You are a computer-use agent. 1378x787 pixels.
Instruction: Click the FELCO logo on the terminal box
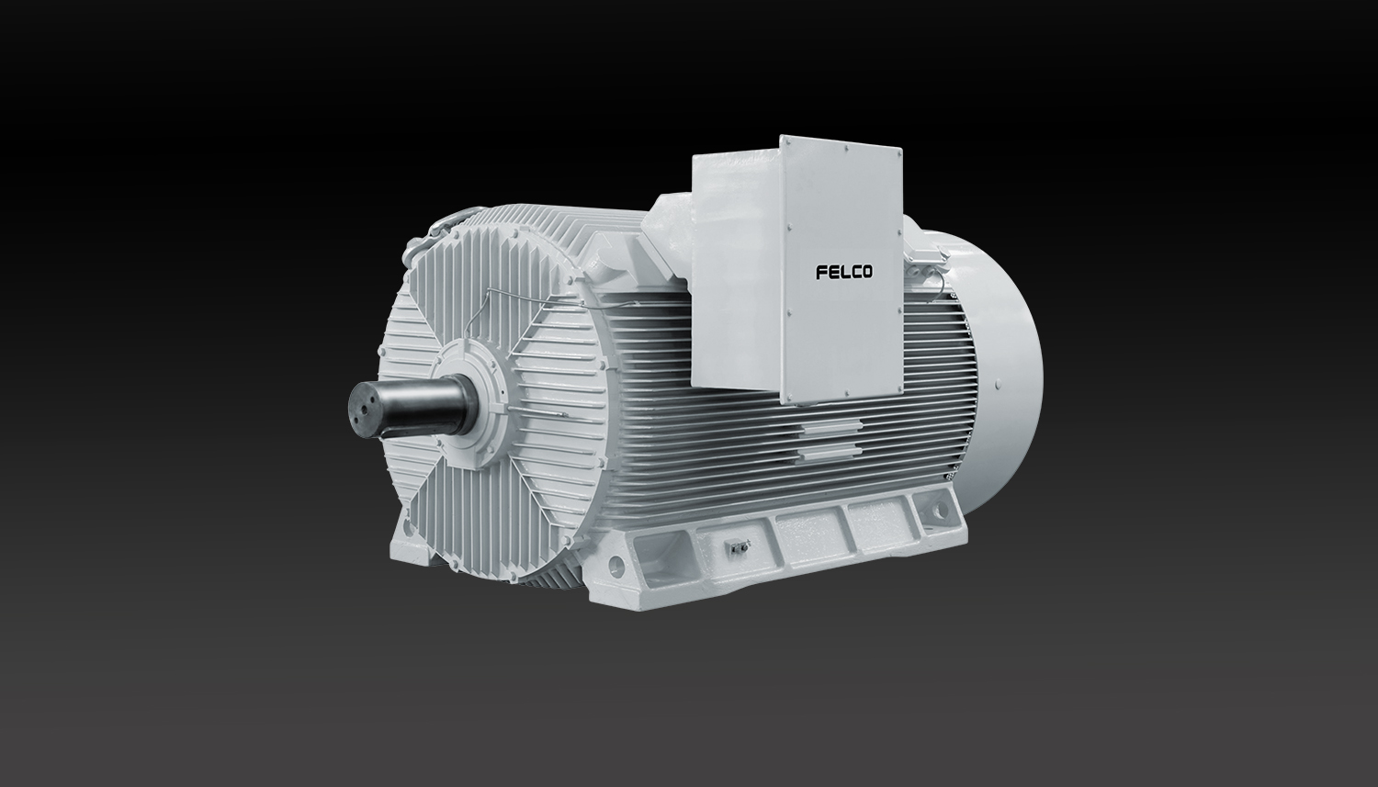pyautogui.click(x=844, y=272)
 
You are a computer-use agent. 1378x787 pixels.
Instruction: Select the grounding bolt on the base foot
pyautogui.click(x=734, y=548)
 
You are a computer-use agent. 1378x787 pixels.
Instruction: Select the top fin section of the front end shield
pyautogui.click(x=478, y=275)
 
